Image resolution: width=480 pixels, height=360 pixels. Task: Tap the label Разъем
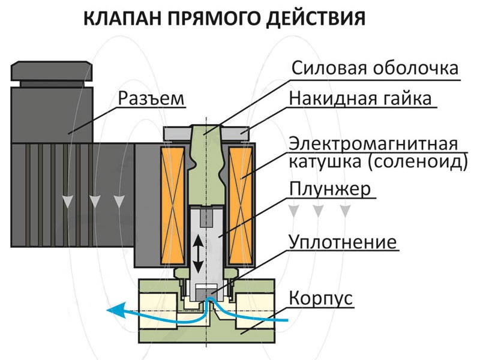coord(151,98)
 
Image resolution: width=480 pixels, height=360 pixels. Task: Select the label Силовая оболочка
coord(376,67)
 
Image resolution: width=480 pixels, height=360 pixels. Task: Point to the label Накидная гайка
coord(360,98)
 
